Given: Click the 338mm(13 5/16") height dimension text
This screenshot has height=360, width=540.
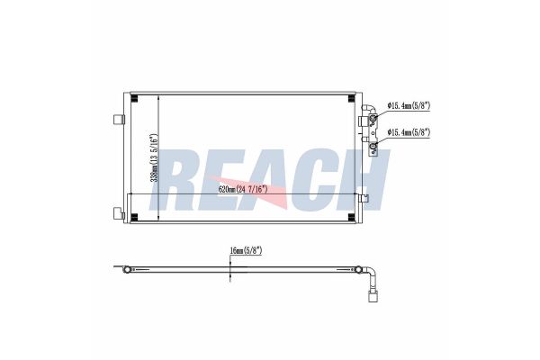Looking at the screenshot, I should click(x=155, y=157).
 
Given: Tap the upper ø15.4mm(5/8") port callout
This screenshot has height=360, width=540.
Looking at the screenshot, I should click(x=409, y=105).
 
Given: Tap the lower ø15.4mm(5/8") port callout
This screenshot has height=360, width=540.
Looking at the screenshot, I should click(x=409, y=132).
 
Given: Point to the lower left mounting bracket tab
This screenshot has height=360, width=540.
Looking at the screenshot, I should click(x=118, y=213).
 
